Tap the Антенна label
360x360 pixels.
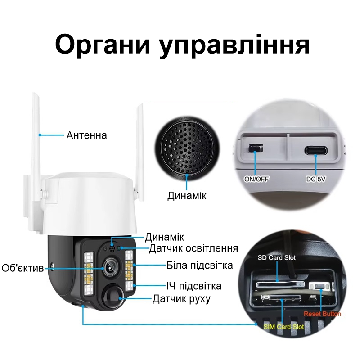point(87,135)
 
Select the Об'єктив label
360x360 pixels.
point(22,269)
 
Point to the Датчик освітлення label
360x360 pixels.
point(193,248)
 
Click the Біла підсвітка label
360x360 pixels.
point(199,265)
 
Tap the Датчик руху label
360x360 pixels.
point(181,298)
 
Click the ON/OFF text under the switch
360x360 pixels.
point(256,179)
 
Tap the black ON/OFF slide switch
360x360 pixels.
point(256,148)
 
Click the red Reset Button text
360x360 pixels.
point(322,314)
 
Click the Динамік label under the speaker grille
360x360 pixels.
point(187,196)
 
